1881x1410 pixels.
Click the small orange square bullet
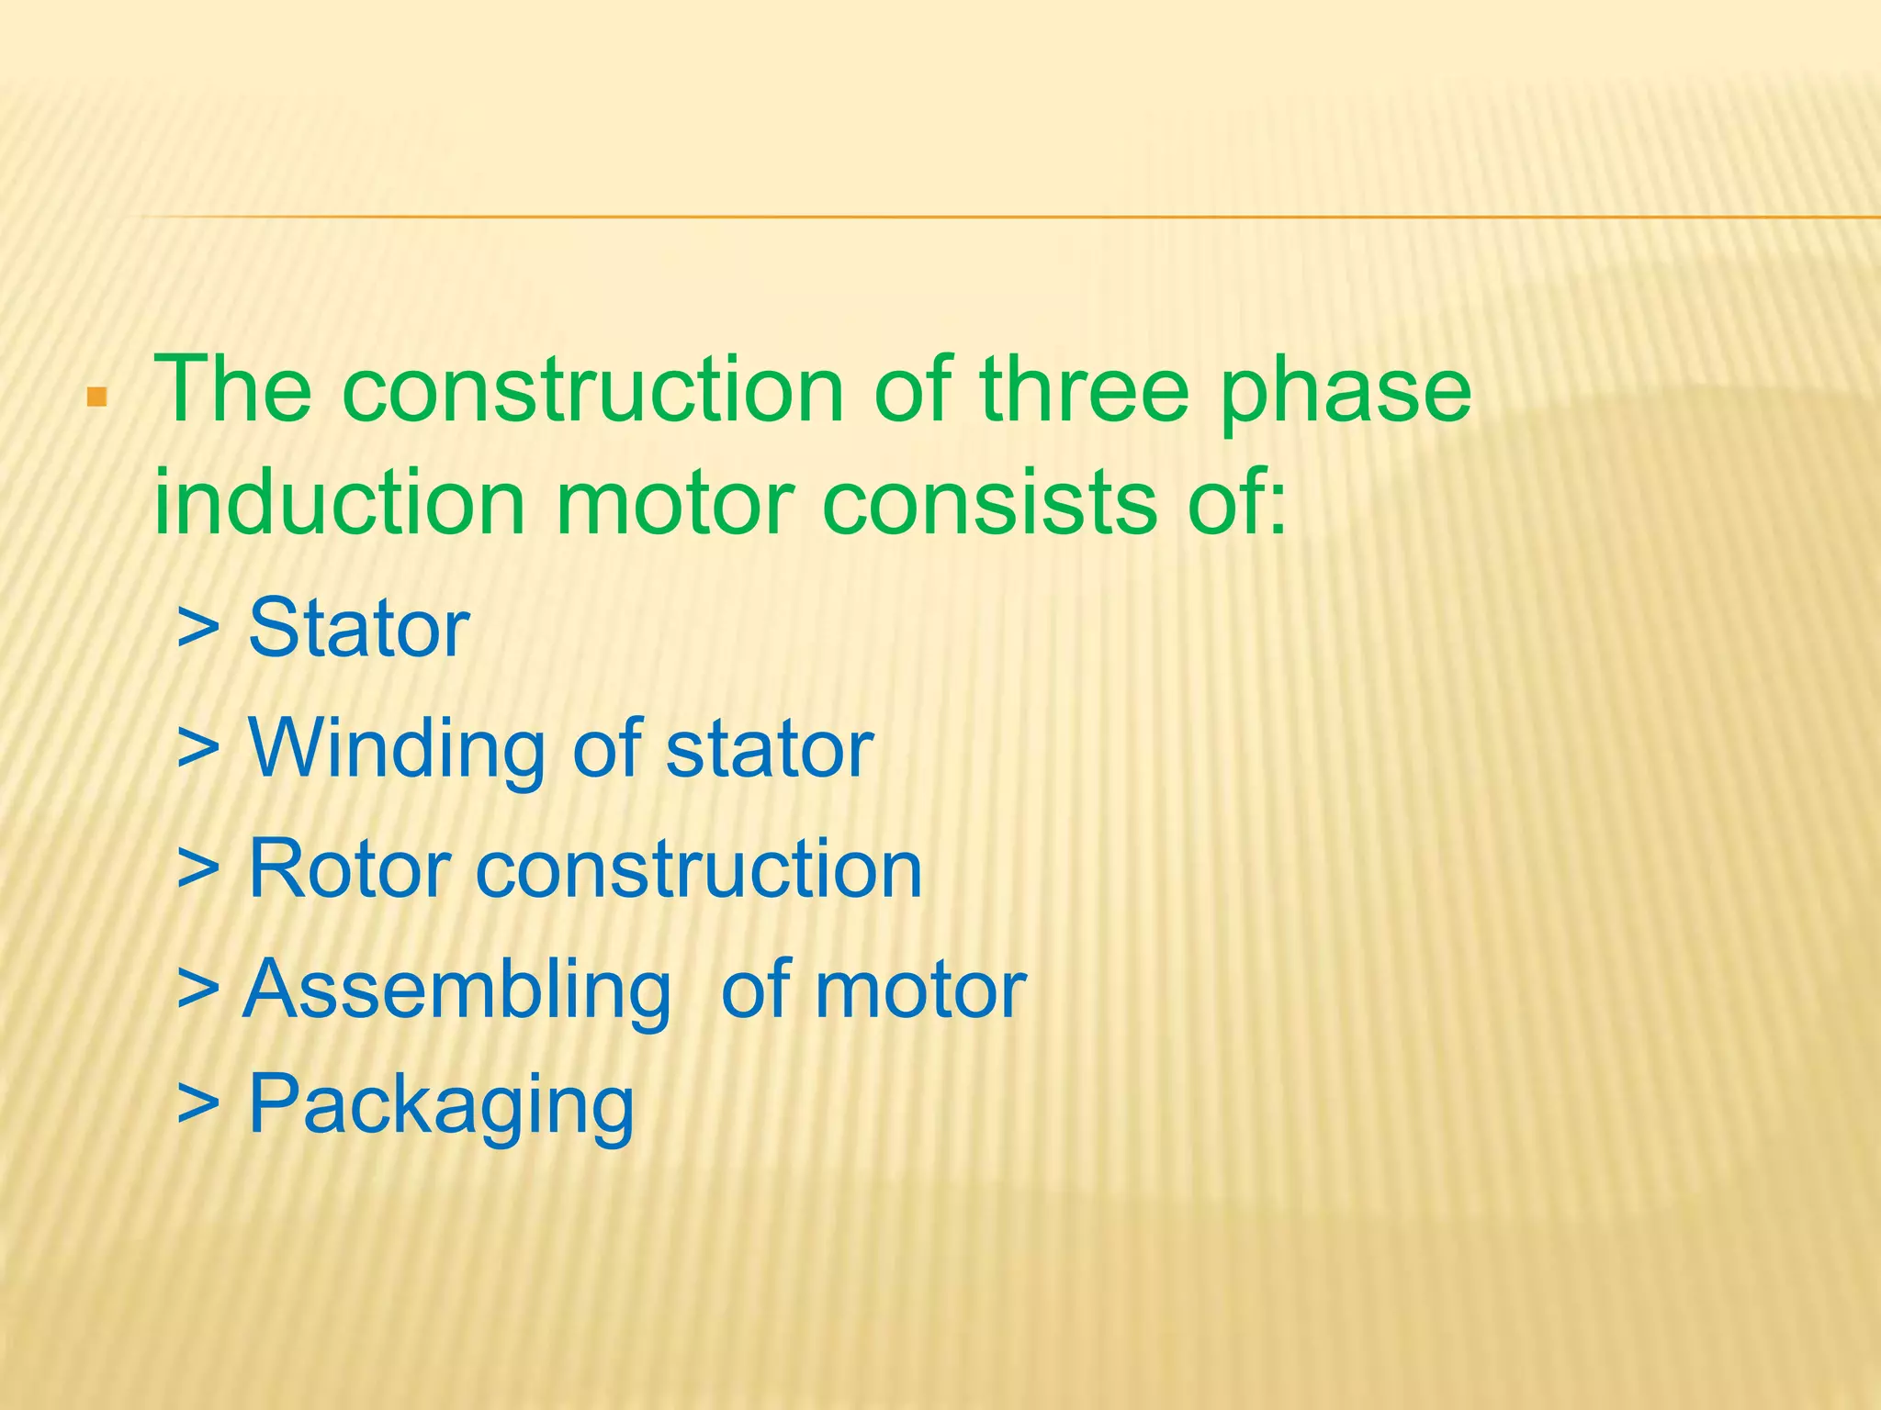tap(96, 397)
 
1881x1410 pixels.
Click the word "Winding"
tap(397, 748)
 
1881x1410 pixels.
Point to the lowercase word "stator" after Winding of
tap(770, 748)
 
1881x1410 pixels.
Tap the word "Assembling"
tap(457, 991)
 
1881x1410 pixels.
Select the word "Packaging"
tap(441, 1106)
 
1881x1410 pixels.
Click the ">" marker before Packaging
tap(198, 1104)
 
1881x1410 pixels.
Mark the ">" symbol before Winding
tap(198, 748)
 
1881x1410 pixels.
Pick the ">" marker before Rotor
tap(198, 868)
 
